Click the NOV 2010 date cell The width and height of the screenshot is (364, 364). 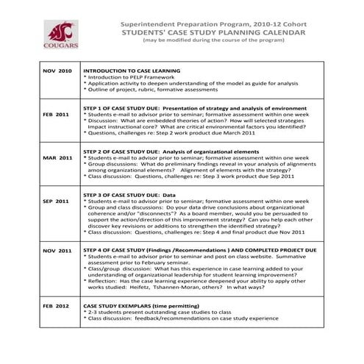pos(57,71)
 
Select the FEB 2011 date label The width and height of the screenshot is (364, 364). pos(56,115)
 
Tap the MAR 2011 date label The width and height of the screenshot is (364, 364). pos(57,157)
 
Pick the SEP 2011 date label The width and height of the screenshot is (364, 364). pos(57,200)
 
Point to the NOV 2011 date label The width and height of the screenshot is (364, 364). pos(57,251)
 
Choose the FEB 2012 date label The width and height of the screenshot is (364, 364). pos(56,304)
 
